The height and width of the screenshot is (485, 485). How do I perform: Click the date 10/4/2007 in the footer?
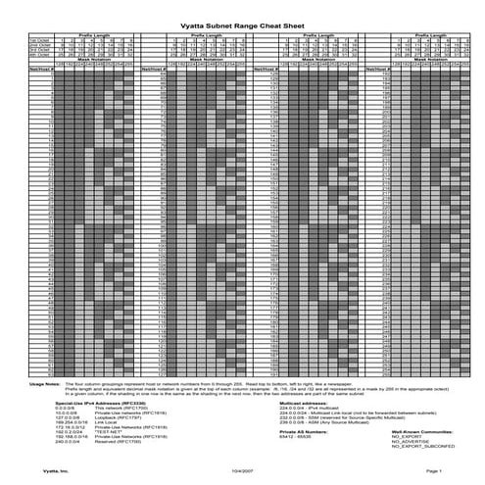tap(242, 470)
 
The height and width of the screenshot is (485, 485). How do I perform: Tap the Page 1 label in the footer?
tap(434, 470)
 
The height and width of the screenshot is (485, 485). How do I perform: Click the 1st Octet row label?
tap(39, 40)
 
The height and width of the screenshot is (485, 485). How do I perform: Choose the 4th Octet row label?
tap(39, 54)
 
